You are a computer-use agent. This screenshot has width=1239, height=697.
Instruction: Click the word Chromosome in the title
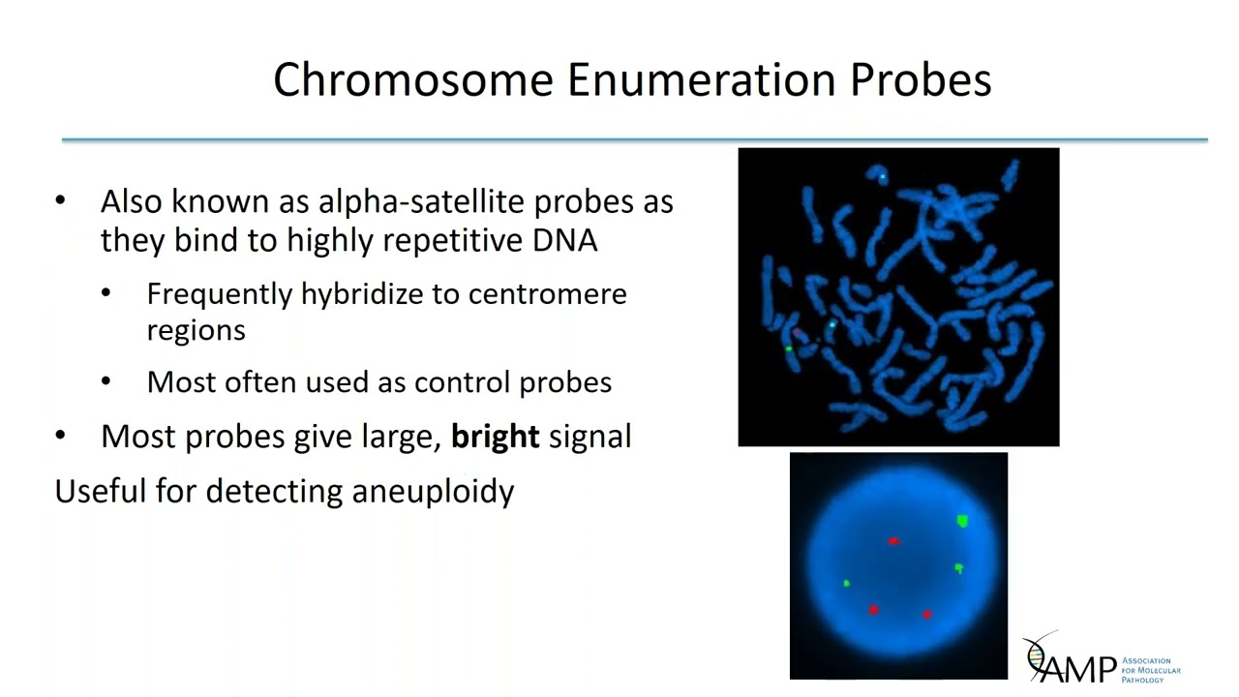pyautogui.click(x=413, y=79)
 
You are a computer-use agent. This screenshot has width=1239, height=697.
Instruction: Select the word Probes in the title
pyautogui.click(x=920, y=79)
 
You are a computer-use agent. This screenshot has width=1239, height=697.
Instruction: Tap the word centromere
pyautogui.click(x=547, y=293)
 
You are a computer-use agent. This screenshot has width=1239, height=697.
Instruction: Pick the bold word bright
pyautogui.click(x=495, y=437)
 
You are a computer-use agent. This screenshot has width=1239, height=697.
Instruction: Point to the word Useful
pyautogui.click(x=101, y=491)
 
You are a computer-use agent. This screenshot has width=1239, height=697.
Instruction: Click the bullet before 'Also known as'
pyautogui.click(x=61, y=201)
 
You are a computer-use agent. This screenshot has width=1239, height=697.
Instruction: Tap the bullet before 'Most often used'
pyautogui.click(x=106, y=382)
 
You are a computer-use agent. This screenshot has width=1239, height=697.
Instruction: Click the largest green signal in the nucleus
pyautogui.click(x=962, y=522)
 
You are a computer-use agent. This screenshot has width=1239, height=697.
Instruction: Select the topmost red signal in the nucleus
pyautogui.click(x=893, y=541)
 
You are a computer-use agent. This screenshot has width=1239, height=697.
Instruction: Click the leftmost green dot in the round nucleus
pyautogui.click(x=847, y=583)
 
